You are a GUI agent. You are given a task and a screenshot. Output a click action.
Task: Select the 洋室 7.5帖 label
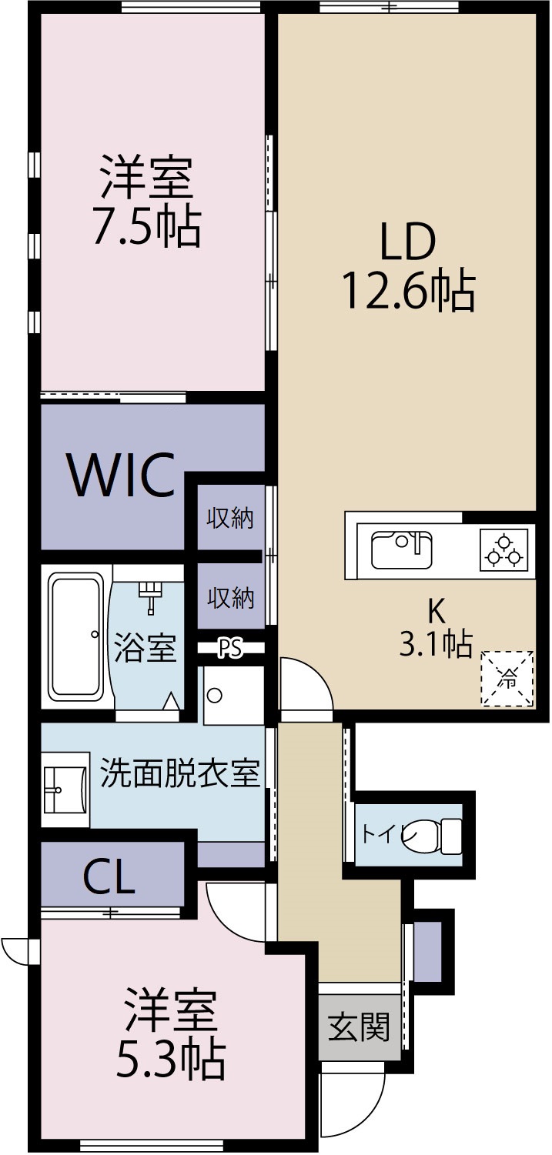146,200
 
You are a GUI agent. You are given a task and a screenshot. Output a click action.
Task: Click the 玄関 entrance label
359,1026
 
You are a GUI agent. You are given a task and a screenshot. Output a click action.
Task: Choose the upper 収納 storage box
229,519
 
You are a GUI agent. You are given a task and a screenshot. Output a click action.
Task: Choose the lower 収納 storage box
229,597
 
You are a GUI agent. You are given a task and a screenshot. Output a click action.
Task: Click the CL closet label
109,876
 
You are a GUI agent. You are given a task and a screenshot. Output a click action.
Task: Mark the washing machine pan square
233,696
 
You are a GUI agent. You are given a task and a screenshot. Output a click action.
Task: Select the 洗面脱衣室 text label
180,773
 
